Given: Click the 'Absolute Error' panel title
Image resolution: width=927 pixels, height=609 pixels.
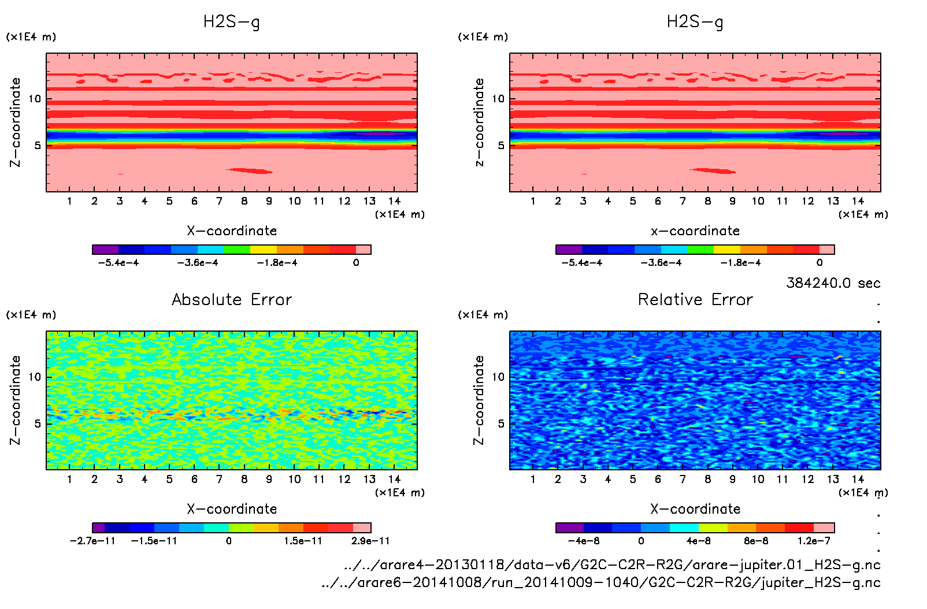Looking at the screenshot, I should pos(232,299).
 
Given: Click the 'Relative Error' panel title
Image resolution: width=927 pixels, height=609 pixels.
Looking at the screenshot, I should pos(695,299).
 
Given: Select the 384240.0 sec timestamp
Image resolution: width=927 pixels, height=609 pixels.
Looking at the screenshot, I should pos(833,283).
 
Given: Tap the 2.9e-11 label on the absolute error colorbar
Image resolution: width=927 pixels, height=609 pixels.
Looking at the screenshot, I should pos(370,541).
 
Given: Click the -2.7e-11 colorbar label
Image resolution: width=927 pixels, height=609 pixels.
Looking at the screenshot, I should pos(92,541).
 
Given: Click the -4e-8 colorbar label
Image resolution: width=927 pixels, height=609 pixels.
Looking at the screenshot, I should pos(584,541).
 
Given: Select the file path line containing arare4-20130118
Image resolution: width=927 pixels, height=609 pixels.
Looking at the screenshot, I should pos(612,565).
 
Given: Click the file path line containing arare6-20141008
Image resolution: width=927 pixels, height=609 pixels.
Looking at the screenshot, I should pos(601,582).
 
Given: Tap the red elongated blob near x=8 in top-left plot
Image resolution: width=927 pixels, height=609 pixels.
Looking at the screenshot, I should pos(250,170).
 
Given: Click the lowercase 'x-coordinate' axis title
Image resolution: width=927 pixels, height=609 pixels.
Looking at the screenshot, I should pos(695,231).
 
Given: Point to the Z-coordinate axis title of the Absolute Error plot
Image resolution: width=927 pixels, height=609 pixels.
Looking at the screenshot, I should pos(16,400).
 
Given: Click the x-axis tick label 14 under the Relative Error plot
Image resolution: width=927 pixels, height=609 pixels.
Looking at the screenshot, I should pos(858,479).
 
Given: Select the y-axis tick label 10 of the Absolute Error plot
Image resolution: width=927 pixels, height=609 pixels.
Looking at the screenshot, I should pos(35,377).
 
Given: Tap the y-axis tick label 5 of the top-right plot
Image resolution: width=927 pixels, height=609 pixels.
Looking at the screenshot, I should pos(501,146).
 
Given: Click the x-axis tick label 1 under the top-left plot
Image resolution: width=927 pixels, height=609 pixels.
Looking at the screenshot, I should pos(69,201).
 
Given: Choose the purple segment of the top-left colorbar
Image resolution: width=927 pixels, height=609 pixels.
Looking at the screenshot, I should pos(105,250).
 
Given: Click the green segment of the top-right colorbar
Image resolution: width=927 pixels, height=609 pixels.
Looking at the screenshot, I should pos(700,250).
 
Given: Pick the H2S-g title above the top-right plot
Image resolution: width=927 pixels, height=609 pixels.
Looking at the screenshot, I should pos(695,22).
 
